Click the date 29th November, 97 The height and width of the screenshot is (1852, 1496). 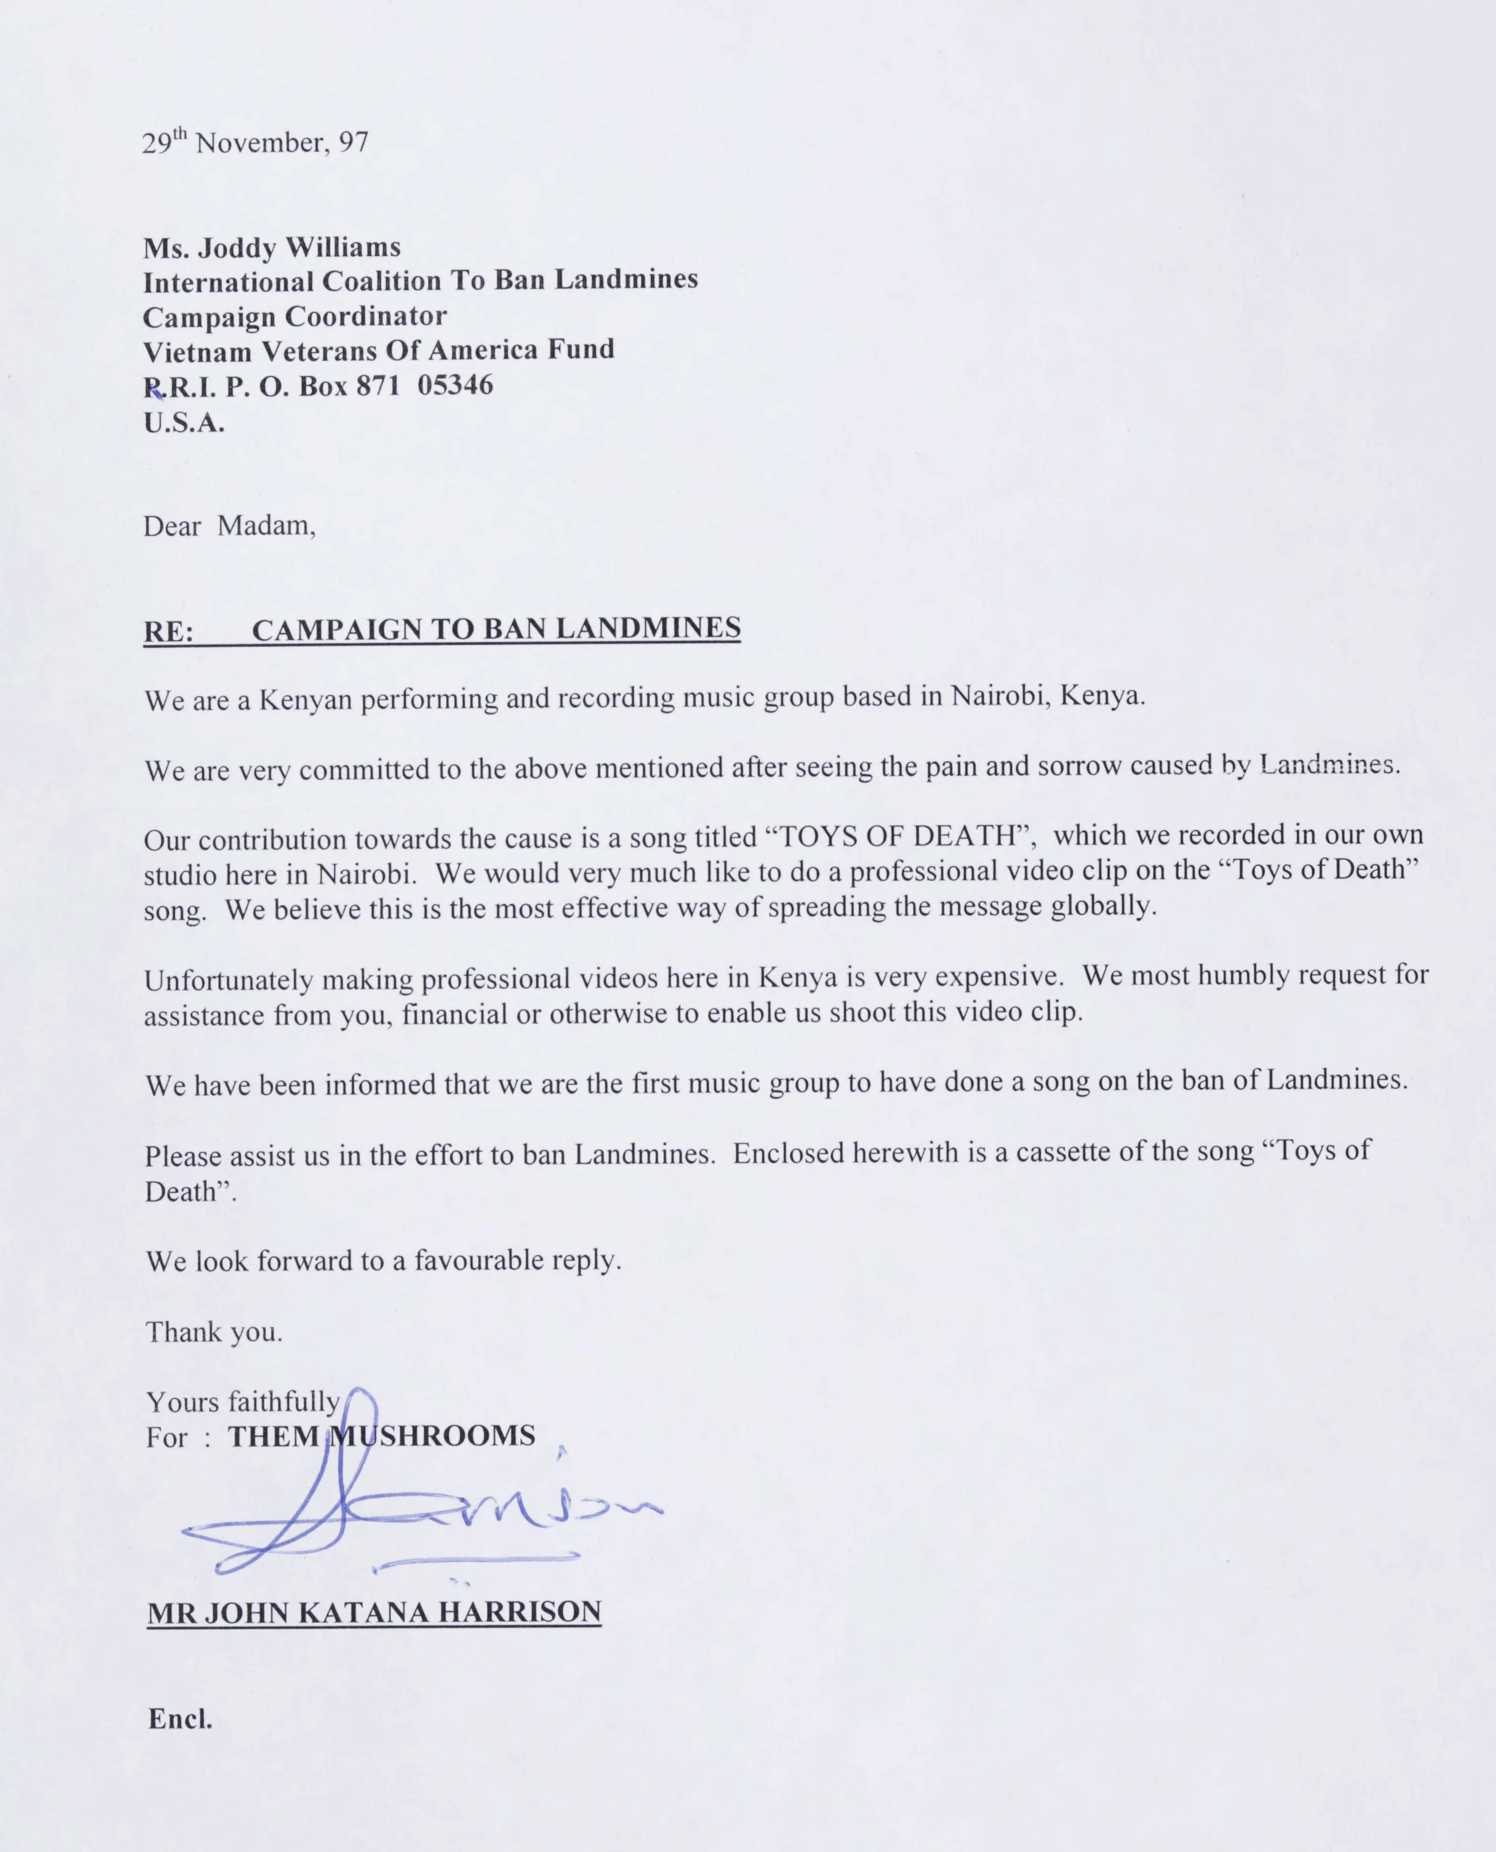tap(255, 141)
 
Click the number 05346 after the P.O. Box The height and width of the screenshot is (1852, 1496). tap(455, 384)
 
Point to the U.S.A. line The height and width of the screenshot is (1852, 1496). tap(184, 423)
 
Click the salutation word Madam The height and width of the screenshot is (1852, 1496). tap(266, 526)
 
